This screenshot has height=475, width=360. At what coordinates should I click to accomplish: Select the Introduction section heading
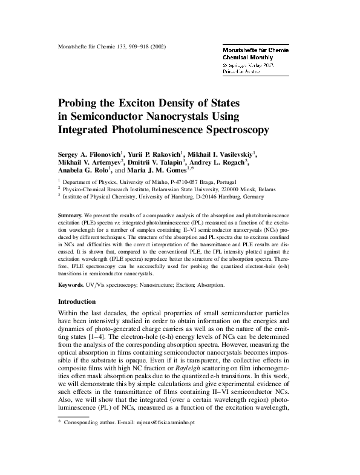[76, 301]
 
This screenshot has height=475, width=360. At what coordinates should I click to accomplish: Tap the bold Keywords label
[71, 284]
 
